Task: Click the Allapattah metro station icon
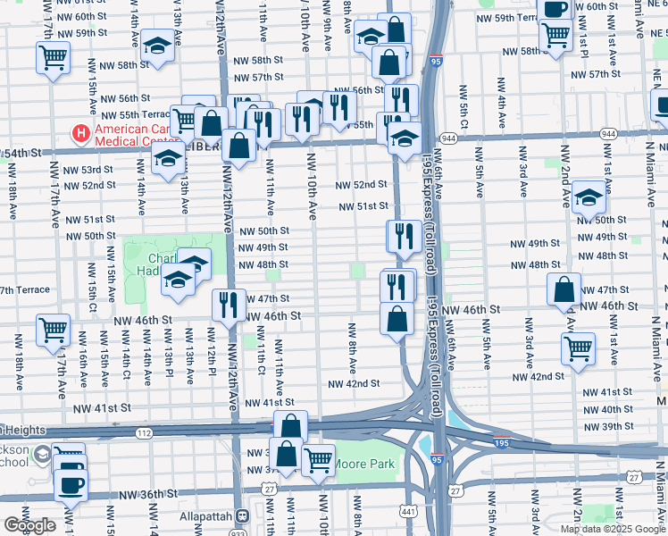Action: (241, 516)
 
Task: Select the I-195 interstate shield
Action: (502, 441)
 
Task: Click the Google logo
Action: (29, 525)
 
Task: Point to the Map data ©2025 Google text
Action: (613, 529)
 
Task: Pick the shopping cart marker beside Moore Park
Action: (318, 460)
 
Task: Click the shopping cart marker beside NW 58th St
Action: (53, 58)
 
